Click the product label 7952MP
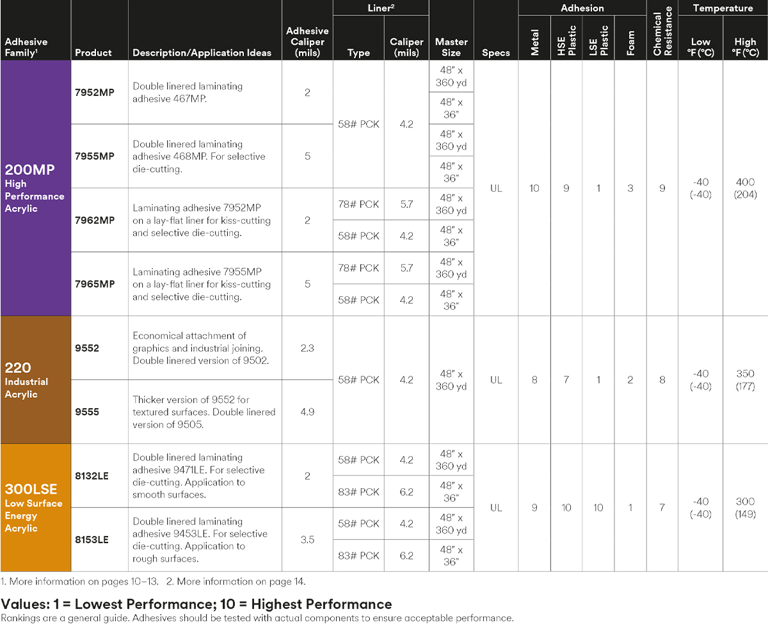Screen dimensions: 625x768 [95, 92]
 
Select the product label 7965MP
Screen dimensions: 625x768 [95, 284]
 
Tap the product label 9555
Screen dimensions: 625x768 [87, 412]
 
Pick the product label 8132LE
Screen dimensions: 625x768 [92, 476]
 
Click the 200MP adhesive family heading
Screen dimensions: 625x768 [30, 170]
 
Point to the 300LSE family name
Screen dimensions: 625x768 [31, 489]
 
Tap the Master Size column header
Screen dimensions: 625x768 [451, 47]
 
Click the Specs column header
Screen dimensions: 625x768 [496, 52]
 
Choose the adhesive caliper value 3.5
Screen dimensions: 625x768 [307, 539]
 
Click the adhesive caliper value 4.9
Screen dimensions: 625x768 [307, 411]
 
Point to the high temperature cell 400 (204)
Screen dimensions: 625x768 [746, 188]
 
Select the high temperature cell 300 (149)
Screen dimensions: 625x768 [746, 508]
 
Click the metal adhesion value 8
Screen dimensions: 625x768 [534, 380]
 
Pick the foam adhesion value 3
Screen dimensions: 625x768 [630, 188]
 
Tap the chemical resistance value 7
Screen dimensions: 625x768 [662, 508]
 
